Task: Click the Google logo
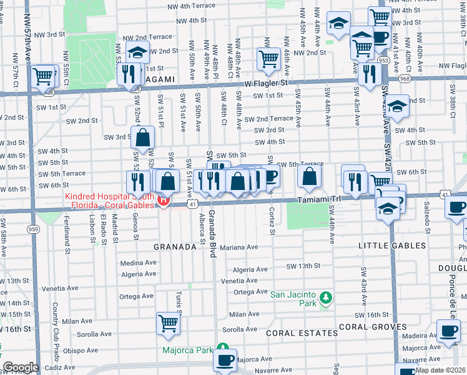click(x=21, y=367)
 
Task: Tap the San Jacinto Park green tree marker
click(x=325, y=296)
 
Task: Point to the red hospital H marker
click(x=164, y=201)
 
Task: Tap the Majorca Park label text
click(x=188, y=349)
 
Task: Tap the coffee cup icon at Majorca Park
click(x=225, y=359)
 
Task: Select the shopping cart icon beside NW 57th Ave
click(x=43, y=76)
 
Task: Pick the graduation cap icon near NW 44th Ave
click(x=338, y=24)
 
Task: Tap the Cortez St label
click(x=272, y=221)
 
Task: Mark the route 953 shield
click(x=383, y=61)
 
